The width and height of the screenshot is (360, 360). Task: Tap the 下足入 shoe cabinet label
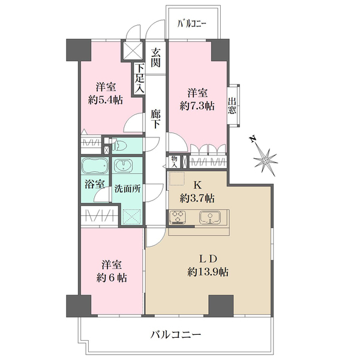[x=140, y=78]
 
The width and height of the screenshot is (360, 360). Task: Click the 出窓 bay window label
[x=232, y=106]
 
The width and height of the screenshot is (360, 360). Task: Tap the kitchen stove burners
[x=179, y=217]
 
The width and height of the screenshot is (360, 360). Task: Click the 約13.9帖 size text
[x=208, y=272]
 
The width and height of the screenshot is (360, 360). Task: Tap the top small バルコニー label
[x=192, y=24]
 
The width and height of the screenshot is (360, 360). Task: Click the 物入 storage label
[x=174, y=161]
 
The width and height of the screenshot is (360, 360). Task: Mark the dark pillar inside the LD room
[x=220, y=305]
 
